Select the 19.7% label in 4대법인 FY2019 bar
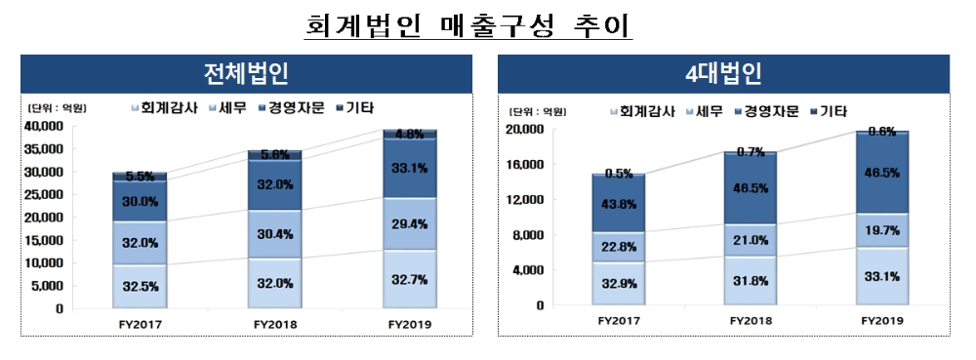882,228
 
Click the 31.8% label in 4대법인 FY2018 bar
751,281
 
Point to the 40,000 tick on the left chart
45,126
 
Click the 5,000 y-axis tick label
49,286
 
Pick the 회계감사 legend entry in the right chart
641,111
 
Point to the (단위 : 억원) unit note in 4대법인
536,111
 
